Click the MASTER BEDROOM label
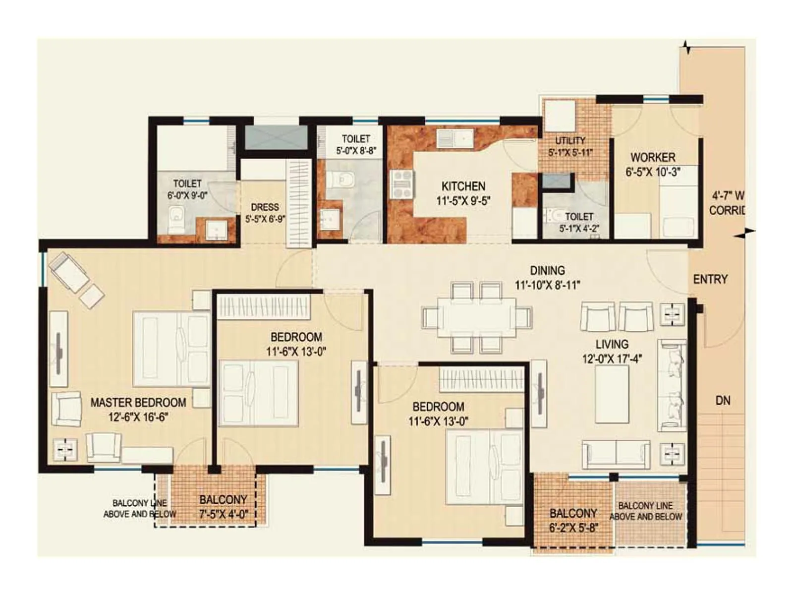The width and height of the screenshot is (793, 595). (x=138, y=402)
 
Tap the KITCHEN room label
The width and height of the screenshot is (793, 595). (x=463, y=186)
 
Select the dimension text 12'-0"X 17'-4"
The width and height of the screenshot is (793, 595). (x=612, y=358)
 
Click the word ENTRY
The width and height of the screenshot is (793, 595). (x=710, y=280)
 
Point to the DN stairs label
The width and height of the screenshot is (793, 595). (x=723, y=401)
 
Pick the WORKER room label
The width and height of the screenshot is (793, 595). (x=652, y=158)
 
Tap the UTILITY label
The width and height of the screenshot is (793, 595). (x=570, y=141)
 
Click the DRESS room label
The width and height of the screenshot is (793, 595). (x=265, y=207)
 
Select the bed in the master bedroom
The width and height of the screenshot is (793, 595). (x=170, y=349)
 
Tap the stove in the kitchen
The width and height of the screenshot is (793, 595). (x=401, y=184)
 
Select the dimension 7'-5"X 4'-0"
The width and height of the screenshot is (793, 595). (x=224, y=514)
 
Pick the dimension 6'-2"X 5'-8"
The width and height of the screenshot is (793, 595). (x=573, y=528)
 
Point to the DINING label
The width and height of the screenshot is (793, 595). (x=547, y=271)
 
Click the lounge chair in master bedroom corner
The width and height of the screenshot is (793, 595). (x=69, y=272)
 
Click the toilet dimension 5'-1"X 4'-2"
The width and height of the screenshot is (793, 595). (x=579, y=229)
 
